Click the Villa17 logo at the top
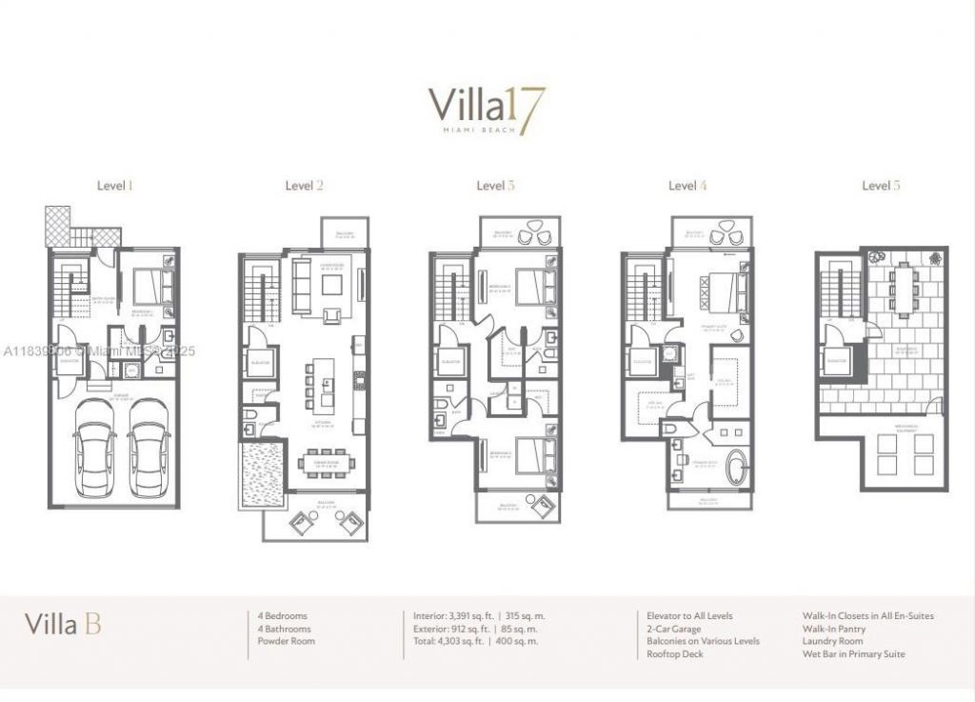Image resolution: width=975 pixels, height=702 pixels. click(x=487, y=110)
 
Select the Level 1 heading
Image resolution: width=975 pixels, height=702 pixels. click(x=114, y=186)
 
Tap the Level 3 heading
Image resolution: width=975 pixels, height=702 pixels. click(x=495, y=186)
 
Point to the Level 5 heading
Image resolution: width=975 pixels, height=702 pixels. click(x=881, y=186)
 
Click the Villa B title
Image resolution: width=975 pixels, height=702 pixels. click(x=63, y=625)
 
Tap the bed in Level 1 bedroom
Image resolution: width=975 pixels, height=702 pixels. click(x=148, y=284)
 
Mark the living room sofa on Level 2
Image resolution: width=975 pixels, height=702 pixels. click(x=301, y=286)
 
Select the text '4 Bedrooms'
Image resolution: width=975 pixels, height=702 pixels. click(x=283, y=616)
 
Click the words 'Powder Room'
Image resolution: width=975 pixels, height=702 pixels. click(x=287, y=641)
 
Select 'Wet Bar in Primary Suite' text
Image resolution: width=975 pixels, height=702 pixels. click(x=854, y=654)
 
